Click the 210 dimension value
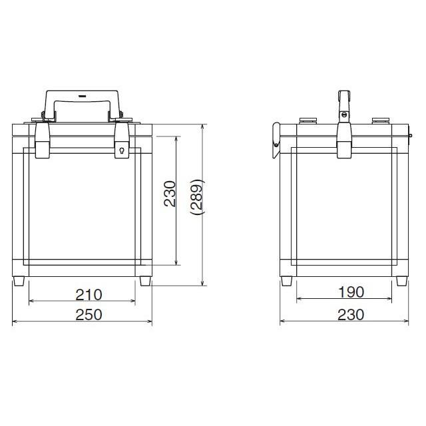pyautogui.click(x=89, y=295)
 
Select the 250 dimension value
pyautogui.click(x=89, y=315)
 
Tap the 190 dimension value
pyautogui.click(x=351, y=292)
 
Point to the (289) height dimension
pyautogui.click(x=197, y=197)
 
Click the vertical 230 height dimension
pyautogui.click(x=170, y=194)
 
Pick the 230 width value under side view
pyautogui.click(x=351, y=315)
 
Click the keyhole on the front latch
pyautogui.click(x=122, y=150)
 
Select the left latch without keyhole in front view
pyautogui.click(x=43, y=140)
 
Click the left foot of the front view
pyautogui.click(x=19, y=281)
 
